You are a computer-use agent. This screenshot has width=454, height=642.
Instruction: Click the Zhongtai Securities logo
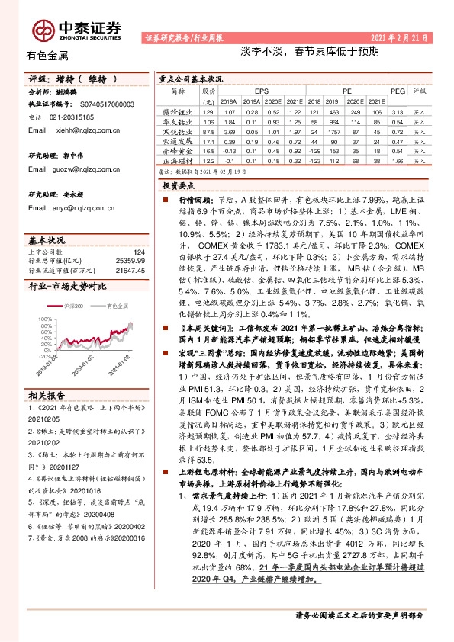tap(76, 29)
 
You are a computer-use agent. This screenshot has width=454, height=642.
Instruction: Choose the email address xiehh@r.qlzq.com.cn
tap(82, 130)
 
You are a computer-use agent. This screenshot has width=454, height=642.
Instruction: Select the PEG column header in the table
tap(396, 90)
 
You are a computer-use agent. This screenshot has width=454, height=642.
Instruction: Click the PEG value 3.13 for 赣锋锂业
tap(395, 111)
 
